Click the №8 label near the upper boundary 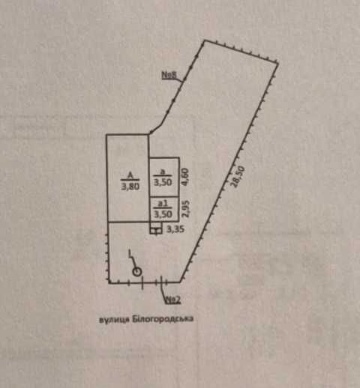point(169,75)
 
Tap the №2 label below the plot point(172,300)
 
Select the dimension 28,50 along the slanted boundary point(238,176)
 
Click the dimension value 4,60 point(186,177)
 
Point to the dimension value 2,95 point(186,208)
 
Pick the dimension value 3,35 point(175,229)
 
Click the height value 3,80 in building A point(130,187)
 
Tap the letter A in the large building point(130,175)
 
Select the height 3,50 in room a point(163,182)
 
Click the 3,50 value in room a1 point(163,214)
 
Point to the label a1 point(163,203)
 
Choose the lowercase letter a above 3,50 point(163,172)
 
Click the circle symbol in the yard point(137,272)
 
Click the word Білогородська point(163,319)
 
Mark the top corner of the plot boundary point(205,40)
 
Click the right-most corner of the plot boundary point(278,63)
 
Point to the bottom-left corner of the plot point(109,282)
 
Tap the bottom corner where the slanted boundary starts point(180,282)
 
